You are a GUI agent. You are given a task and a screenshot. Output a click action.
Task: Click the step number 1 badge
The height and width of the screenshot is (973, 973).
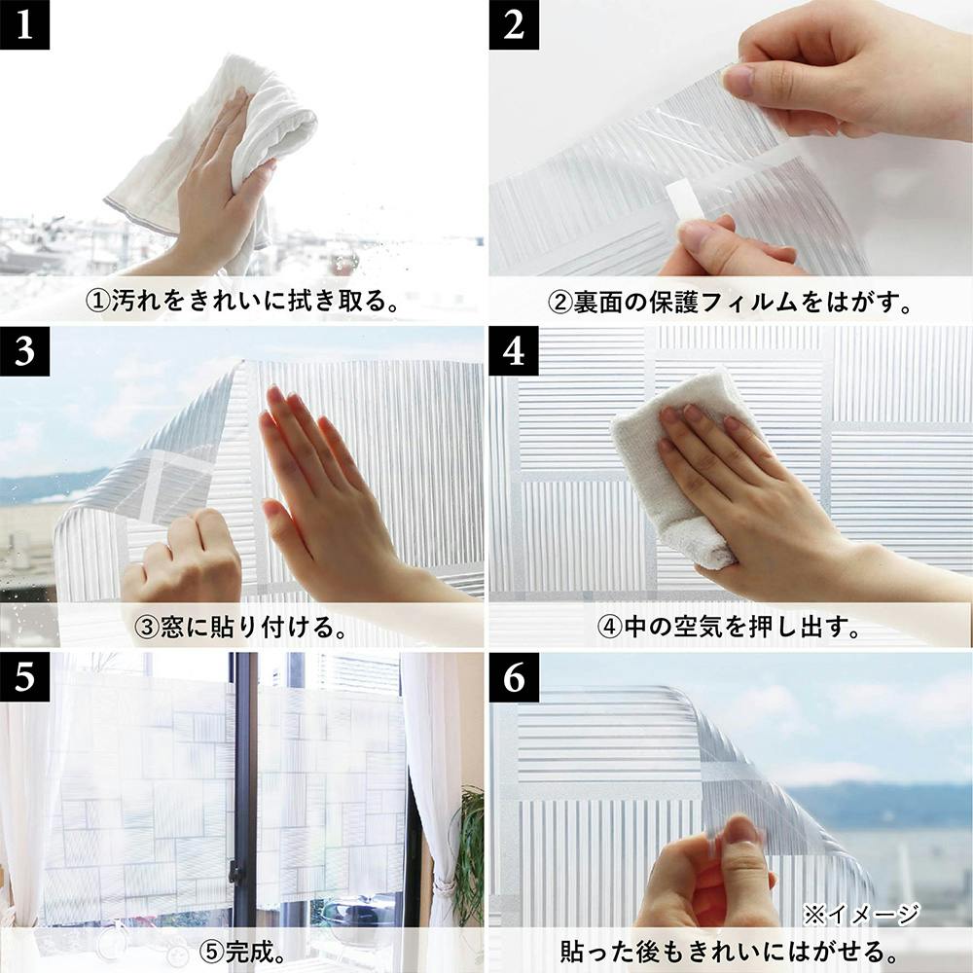[x=24, y=24]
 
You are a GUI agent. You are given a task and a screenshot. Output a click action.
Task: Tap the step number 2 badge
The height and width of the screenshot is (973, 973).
[x=513, y=24]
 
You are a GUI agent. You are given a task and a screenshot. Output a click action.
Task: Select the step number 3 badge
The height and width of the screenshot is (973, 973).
[x=24, y=351]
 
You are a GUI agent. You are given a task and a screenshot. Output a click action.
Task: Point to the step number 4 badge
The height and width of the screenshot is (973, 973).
[x=513, y=351]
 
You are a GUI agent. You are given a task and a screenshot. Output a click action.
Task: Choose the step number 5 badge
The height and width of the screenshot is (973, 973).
[x=24, y=677]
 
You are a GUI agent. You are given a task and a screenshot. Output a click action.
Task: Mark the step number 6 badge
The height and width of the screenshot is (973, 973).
[x=513, y=677]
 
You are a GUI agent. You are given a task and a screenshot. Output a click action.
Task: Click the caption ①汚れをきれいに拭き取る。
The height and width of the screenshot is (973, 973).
[x=242, y=301]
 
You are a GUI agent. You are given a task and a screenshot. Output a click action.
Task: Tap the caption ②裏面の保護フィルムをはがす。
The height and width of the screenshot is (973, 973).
[x=731, y=303]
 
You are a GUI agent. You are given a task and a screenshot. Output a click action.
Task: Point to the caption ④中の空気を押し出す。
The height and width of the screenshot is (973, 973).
[x=730, y=628]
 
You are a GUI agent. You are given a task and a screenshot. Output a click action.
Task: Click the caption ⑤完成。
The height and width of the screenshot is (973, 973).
[x=242, y=952]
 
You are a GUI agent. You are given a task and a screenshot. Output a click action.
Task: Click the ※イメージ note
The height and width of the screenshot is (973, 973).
[x=861, y=914]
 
